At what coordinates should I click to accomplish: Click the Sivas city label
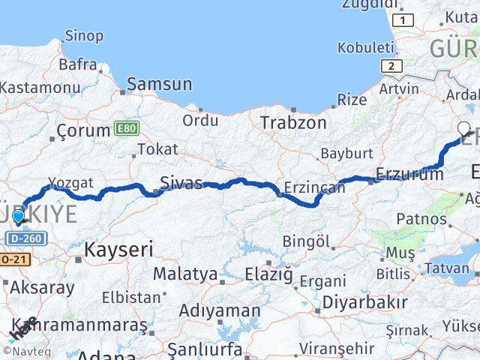pos(181,181)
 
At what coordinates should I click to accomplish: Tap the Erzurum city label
pos(409,174)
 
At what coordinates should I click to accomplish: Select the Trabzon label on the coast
pos(292,122)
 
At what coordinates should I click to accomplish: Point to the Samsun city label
pos(159,84)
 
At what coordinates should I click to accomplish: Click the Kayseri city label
pos(118,249)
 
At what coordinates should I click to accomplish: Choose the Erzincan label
pos(315,187)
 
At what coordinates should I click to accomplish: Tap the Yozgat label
pos(70,182)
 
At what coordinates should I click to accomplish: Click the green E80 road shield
pos(127,129)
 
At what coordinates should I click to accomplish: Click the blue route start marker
pos(18,217)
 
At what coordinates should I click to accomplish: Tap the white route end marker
pos(464,128)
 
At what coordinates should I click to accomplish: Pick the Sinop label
pos(84,34)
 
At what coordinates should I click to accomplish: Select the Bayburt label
pos(346,154)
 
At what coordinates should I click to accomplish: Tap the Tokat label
pos(157,149)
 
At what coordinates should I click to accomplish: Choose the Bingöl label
pos(306,241)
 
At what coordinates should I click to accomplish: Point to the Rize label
pos(352,99)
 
